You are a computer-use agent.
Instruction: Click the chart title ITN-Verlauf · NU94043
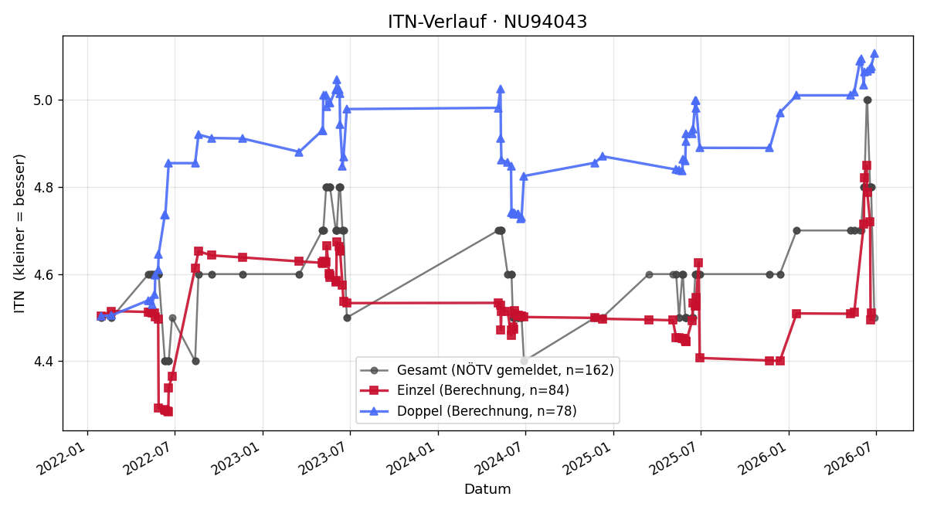pyautogui.click(x=487, y=22)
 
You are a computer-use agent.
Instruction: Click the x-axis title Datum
pyautogui.click(x=487, y=489)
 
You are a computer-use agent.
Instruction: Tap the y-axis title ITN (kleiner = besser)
pyautogui.click(x=19, y=233)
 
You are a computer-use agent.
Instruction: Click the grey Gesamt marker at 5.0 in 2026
pyautogui.click(x=868, y=100)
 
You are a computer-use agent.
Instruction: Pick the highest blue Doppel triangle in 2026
pyautogui.click(x=874, y=54)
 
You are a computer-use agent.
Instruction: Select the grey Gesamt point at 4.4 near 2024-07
pyautogui.click(x=525, y=362)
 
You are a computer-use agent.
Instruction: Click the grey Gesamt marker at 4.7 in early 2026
pyautogui.click(x=796, y=230)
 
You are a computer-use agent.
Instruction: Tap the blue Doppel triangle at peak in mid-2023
pyautogui.click(x=337, y=80)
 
